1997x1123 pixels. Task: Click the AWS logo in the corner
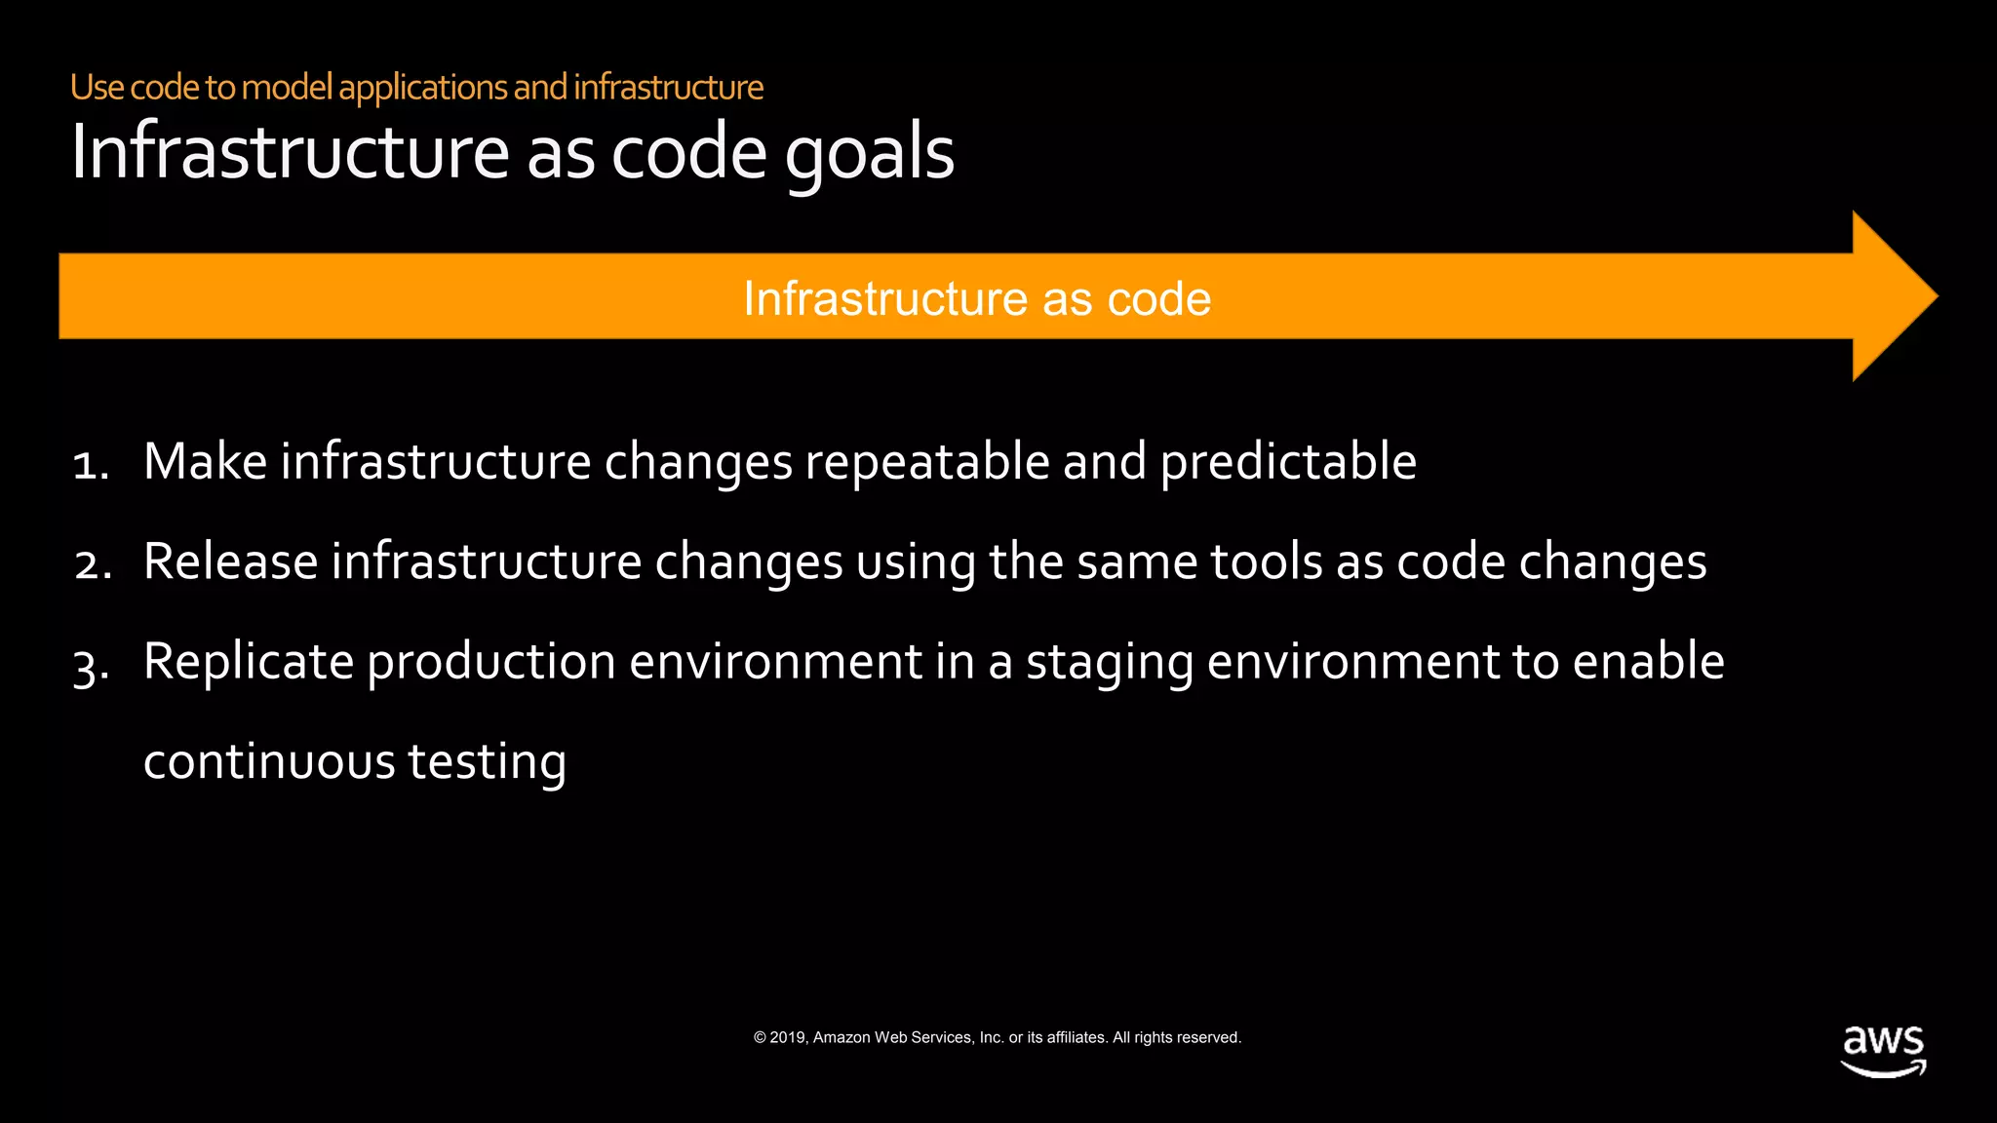click(x=1883, y=1050)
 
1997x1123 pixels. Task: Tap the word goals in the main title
click(x=869, y=153)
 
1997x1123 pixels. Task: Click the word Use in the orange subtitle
click(x=97, y=88)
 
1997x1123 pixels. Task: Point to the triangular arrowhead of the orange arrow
click(x=1892, y=296)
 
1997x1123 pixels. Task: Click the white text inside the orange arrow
click(x=976, y=298)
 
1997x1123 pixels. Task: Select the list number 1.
click(x=90, y=463)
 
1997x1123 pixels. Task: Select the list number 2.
click(x=92, y=564)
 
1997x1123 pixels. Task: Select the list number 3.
click(x=91, y=666)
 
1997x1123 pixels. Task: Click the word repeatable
click(x=926, y=463)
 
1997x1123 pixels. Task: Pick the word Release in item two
click(x=230, y=562)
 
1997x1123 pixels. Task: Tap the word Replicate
click(x=248, y=662)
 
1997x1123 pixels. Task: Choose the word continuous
click(x=268, y=762)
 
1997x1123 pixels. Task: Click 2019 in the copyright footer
click(x=787, y=1037)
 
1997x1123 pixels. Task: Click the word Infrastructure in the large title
click(x=290, y=153)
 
